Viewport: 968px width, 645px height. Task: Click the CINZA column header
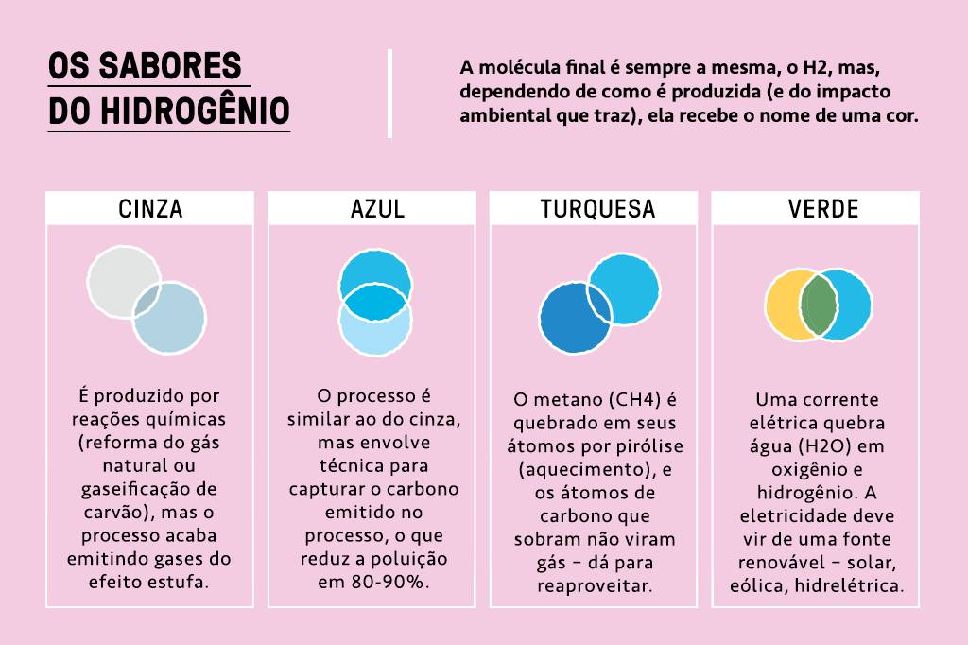149,209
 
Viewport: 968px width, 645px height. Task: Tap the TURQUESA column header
597,209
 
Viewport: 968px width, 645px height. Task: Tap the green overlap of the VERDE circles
819,305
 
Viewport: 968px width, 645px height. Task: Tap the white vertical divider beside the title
389,93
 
